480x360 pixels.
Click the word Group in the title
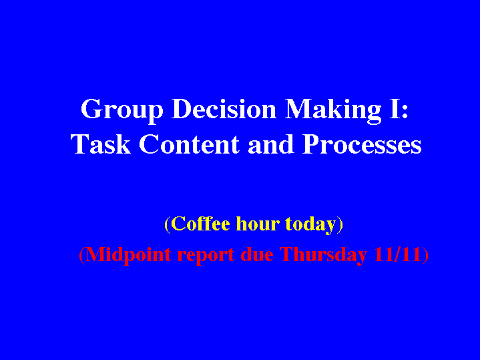click(x=122, y=111)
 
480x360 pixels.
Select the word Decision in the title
click(x=224, y=109)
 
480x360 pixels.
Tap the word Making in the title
click(x=333, y=111)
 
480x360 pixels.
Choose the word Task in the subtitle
click(x=101, y=144)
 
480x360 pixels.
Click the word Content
click(x=189, y=144)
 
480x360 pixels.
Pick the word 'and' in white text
click(x=271, y=144)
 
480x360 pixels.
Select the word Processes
click(x=362, y=144)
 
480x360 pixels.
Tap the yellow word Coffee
click(x=200, y=223)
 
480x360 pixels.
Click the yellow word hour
click(x=258, y=223)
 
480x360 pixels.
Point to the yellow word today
click(x=310, y=224)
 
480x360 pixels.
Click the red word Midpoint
click(x=128, y=254)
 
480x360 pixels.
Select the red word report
click(x=206, y=256)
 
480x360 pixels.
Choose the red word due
click(x=257, y=254)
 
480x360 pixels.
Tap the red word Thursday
click(x=323, y=255)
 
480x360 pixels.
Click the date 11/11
click(x=397, y=254)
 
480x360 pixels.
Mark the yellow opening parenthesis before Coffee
click(x=167, y=224)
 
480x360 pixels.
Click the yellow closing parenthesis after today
click(x=340, y=224)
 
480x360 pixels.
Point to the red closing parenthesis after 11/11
click(x=425, y=255)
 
